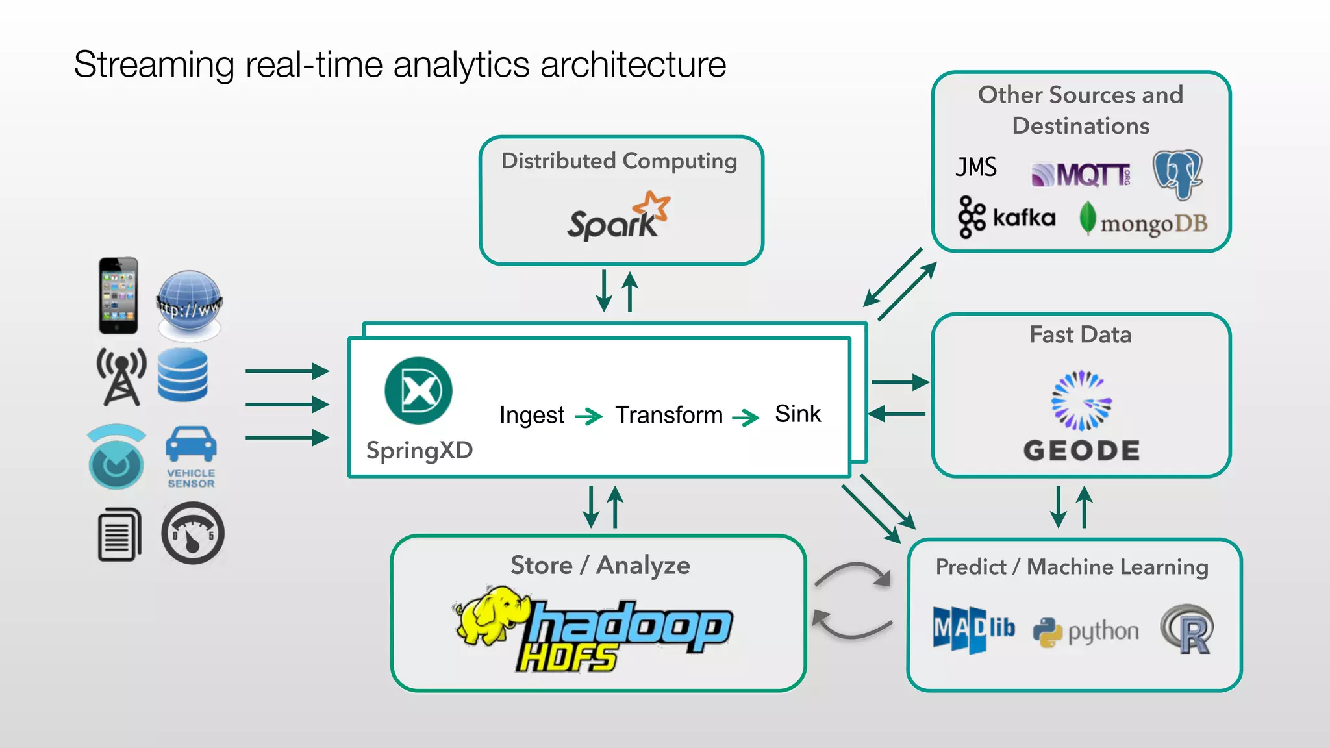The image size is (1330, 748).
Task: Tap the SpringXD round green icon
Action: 418,391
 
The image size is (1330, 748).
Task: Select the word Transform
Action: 669,415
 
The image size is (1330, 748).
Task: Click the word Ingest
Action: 531,415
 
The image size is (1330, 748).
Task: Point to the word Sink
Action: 797,414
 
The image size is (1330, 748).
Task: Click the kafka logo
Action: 1007,218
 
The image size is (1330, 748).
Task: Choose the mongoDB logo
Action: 1143,221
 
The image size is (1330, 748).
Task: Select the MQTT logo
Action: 1081,174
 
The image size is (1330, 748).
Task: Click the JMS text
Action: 976,168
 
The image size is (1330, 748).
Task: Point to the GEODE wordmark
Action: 1081,451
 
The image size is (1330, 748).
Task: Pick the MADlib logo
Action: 973,629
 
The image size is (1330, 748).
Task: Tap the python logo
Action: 1086,631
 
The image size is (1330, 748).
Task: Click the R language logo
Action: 1187,629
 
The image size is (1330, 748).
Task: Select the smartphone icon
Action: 118,296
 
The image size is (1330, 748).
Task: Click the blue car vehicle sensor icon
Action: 191,445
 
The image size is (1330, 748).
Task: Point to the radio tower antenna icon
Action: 121,377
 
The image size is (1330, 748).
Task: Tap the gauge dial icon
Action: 193,533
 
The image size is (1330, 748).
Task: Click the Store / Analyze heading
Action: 599,565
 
